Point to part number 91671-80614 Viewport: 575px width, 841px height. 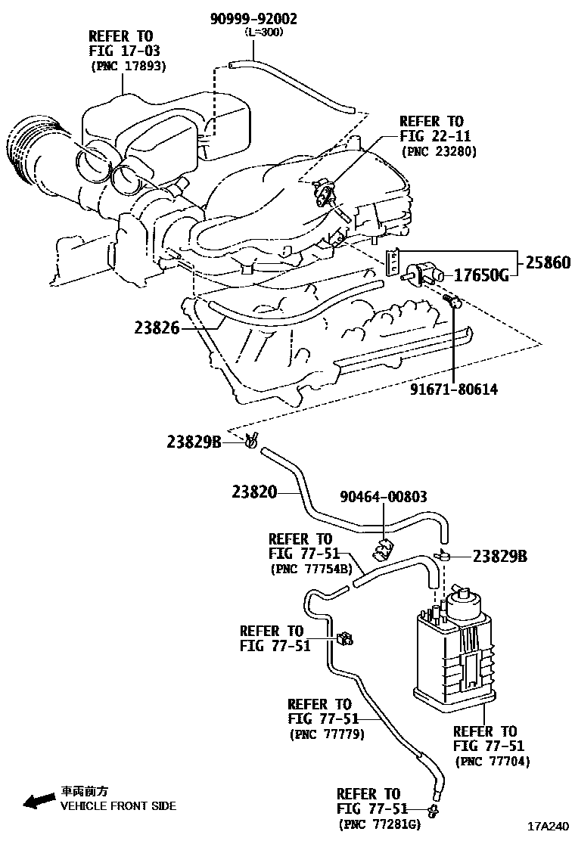(x=454, y=389)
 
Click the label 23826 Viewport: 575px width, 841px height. (x=157, y=328)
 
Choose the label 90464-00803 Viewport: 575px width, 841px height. (x=383, y=497)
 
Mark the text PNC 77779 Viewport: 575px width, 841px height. (x=327, y=734)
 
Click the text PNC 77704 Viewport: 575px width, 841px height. (x=493, y=761)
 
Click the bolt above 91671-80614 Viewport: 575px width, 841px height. (x=452, y=303)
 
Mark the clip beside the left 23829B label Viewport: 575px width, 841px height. (x=252, y=439)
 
